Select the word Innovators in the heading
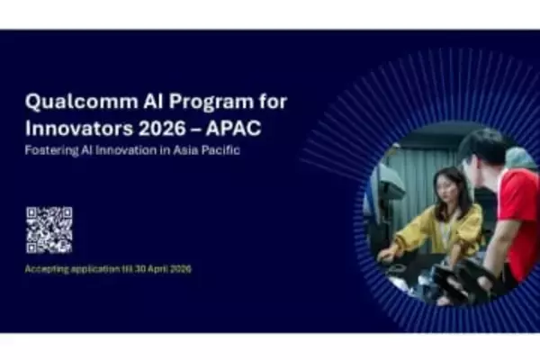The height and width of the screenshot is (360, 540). (72, 126)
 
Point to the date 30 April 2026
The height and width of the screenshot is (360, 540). (161, 269)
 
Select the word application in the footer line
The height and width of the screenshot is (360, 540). (98, 269)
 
